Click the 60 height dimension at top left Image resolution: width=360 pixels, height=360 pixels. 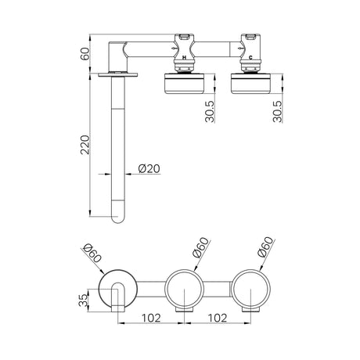coord(85,54)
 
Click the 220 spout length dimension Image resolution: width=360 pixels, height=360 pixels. coord(85,145)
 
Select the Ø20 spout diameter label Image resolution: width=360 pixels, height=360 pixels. coord(149,168)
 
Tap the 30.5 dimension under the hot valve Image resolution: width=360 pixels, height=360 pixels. coord(210,111)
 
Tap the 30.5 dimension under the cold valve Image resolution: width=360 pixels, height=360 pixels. coord(277,111)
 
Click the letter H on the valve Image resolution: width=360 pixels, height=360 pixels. coord(184,58)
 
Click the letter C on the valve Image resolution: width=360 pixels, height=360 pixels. coord(250,58)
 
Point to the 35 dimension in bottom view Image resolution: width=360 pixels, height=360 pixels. coord(83,301)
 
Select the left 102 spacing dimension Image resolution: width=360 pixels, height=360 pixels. coord(151,318)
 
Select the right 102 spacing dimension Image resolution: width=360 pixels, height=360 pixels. coord(218,318)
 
